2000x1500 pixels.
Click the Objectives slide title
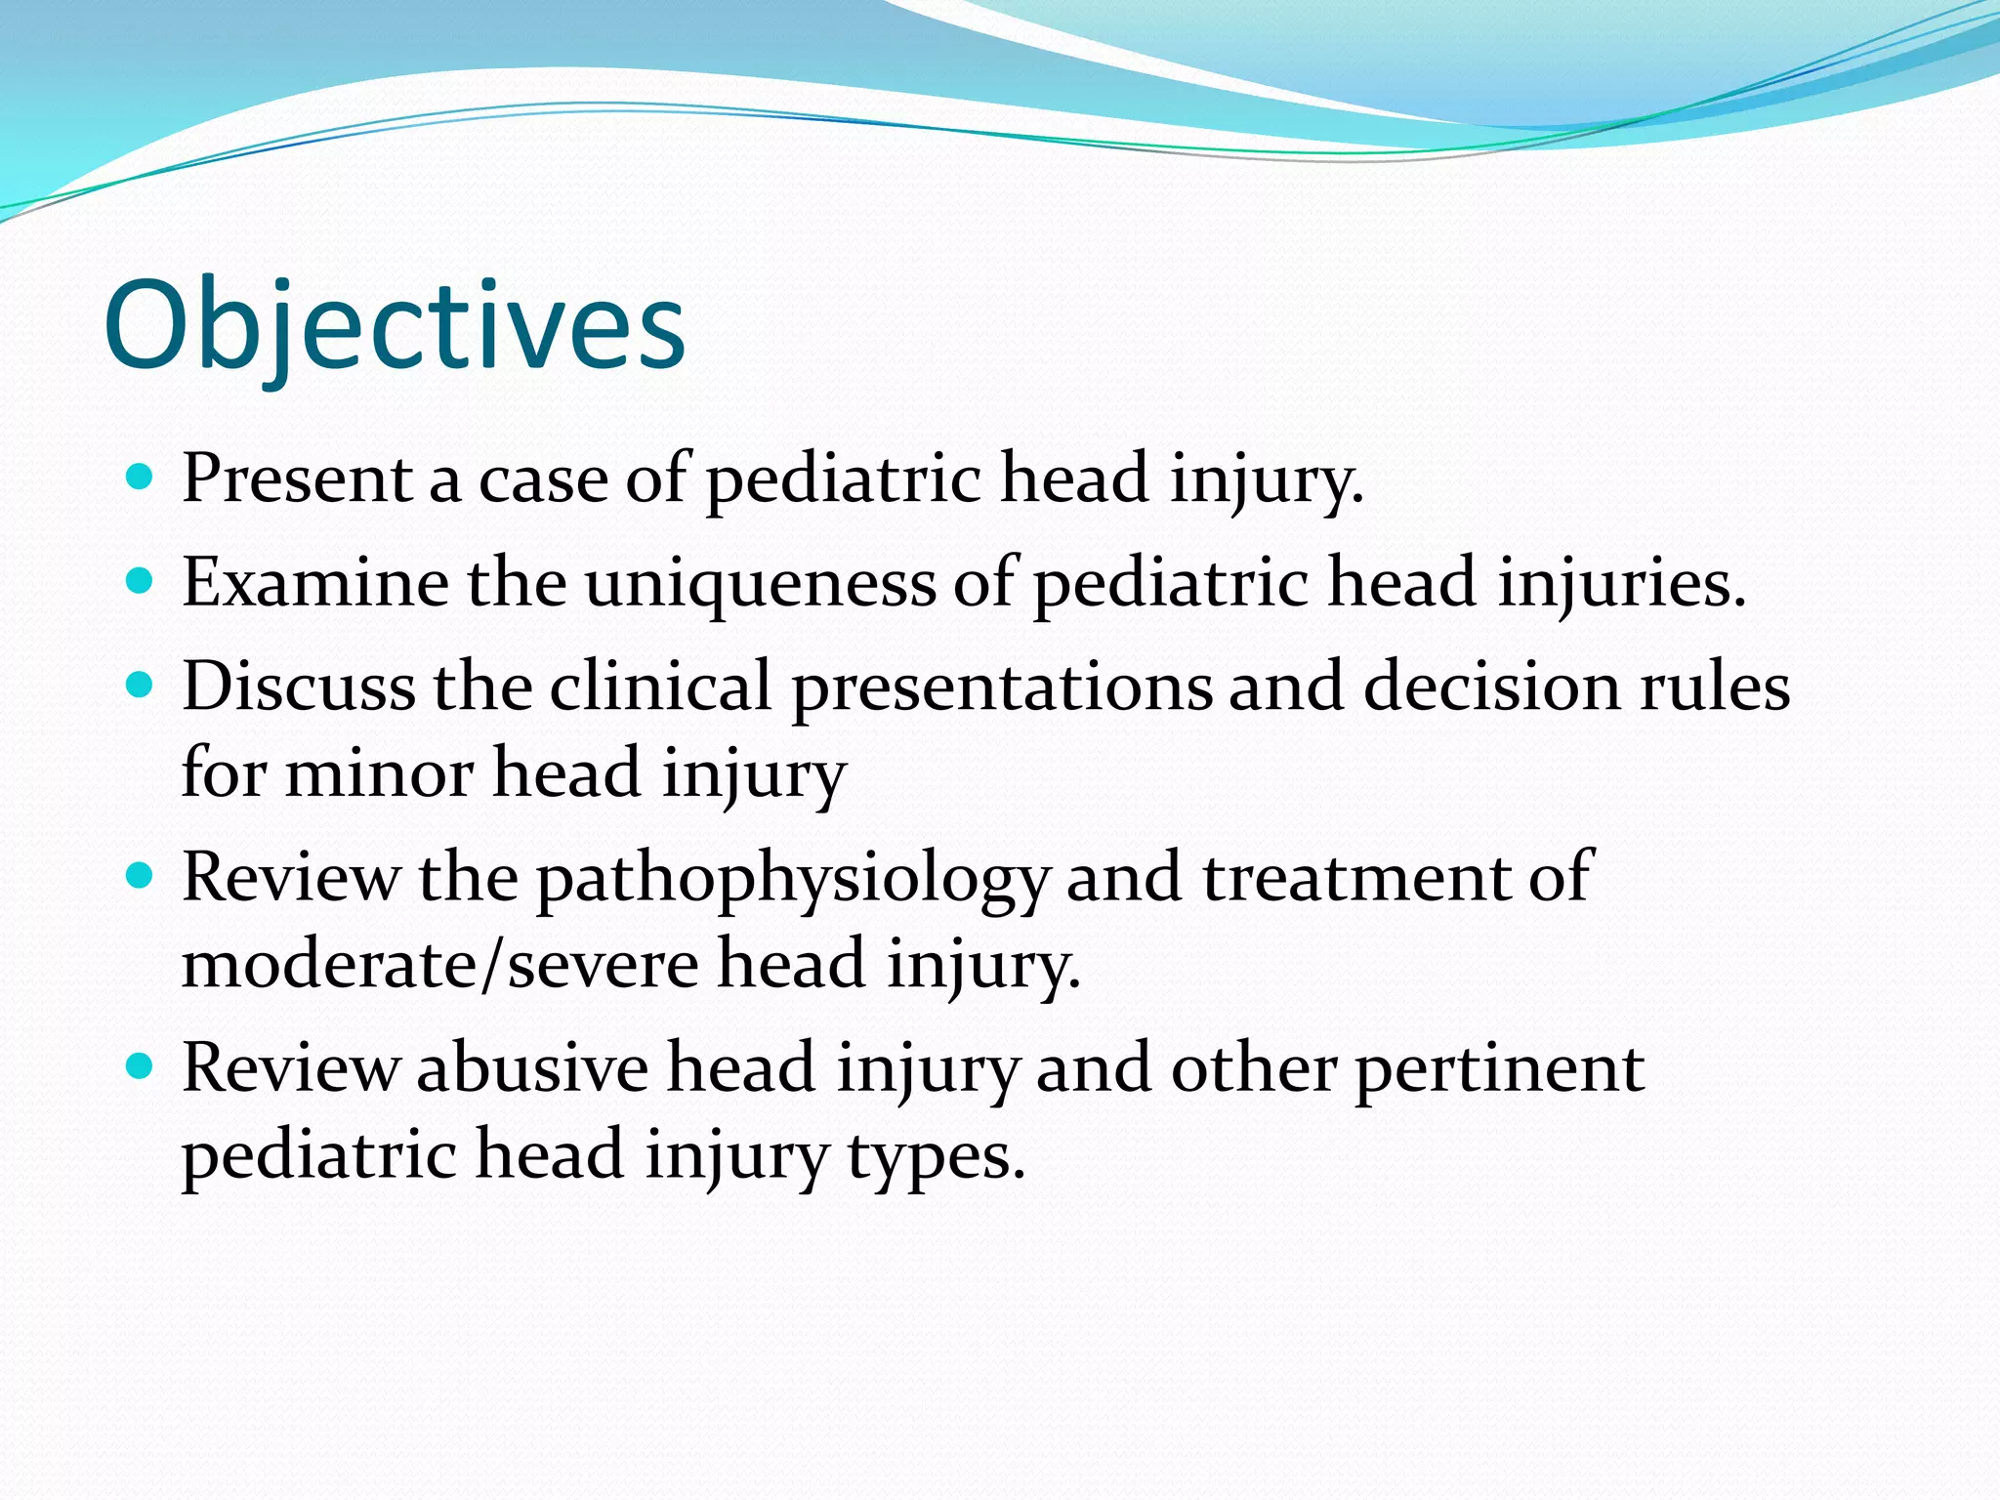pyautogui.click(x=395, y=325)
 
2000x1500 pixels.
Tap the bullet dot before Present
pyautogui.click(x=141, y=478)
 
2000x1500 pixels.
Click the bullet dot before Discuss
pyautogui.click(x=141, y=686)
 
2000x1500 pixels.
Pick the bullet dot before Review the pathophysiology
pyautogui.click(x=141, y=876)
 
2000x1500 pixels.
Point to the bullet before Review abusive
pyautogui.click(x=141, y=1066)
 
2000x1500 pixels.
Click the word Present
pyautogui.click(x=297, y=479)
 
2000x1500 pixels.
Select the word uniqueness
pyautogui.click(x=761, y=584)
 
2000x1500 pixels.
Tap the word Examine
pyautogui.click(x=314, y=583)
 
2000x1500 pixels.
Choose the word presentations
pyautogui.click(x=1002, y=687)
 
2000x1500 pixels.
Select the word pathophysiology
pyautogui.click(x=792, y=879)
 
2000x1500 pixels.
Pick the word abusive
pyautogui.click(x=532, y=1067)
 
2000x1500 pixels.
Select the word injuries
pyautogui.click(x=1621, y=584)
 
